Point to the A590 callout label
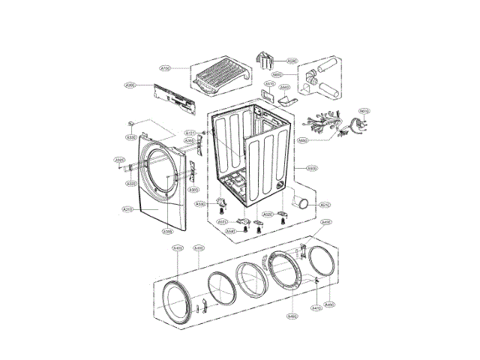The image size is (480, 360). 292,61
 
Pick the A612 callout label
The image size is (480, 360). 364,112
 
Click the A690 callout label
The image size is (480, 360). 303,139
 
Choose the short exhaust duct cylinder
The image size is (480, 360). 302,202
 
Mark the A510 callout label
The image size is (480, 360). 325,205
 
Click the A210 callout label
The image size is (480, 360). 127,209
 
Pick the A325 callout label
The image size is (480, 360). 119,160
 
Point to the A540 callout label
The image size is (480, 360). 230,231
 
